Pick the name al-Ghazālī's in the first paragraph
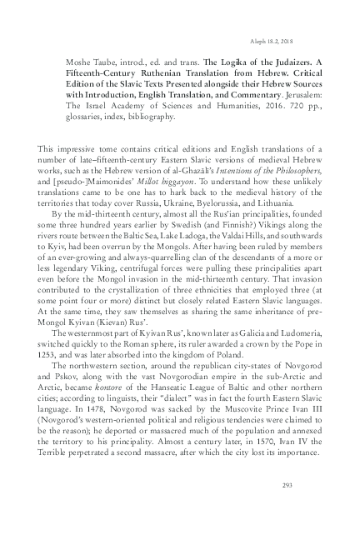tap(184, 169)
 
